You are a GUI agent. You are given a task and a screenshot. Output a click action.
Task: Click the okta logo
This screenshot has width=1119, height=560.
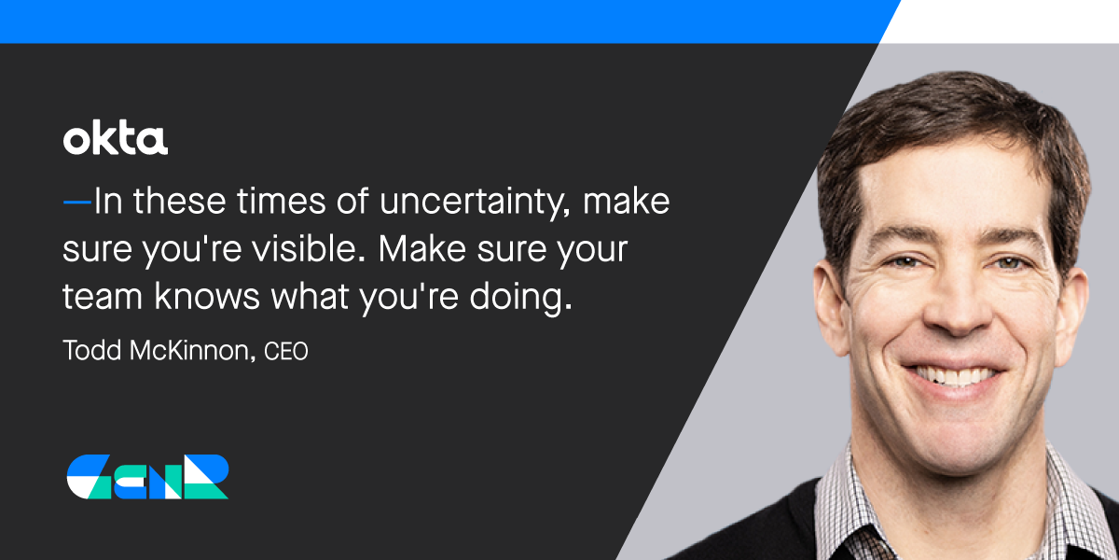point(116,138)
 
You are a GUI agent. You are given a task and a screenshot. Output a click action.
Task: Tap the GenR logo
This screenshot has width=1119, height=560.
point(148,477)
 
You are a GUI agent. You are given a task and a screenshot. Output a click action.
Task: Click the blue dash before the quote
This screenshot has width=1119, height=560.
point(76,202)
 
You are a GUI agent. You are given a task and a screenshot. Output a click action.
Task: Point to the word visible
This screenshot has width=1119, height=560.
point(309,248)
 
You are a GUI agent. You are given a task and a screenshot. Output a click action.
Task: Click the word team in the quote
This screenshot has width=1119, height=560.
point(103,296)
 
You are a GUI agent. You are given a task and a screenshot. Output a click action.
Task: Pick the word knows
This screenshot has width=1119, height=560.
point(207,296)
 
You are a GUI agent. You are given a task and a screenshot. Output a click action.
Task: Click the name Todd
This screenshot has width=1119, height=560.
point(92,350)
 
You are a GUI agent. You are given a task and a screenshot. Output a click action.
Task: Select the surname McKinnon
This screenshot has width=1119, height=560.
point(193,350)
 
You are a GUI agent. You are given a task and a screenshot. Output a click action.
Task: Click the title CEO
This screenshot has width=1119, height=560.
point(285,351)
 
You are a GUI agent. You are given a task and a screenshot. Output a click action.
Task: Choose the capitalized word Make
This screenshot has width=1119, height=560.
point(422,248)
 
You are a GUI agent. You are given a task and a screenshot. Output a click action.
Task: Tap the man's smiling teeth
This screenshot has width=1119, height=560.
point(952,376)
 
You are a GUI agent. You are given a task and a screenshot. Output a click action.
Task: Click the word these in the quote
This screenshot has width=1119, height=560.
point(179,201)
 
